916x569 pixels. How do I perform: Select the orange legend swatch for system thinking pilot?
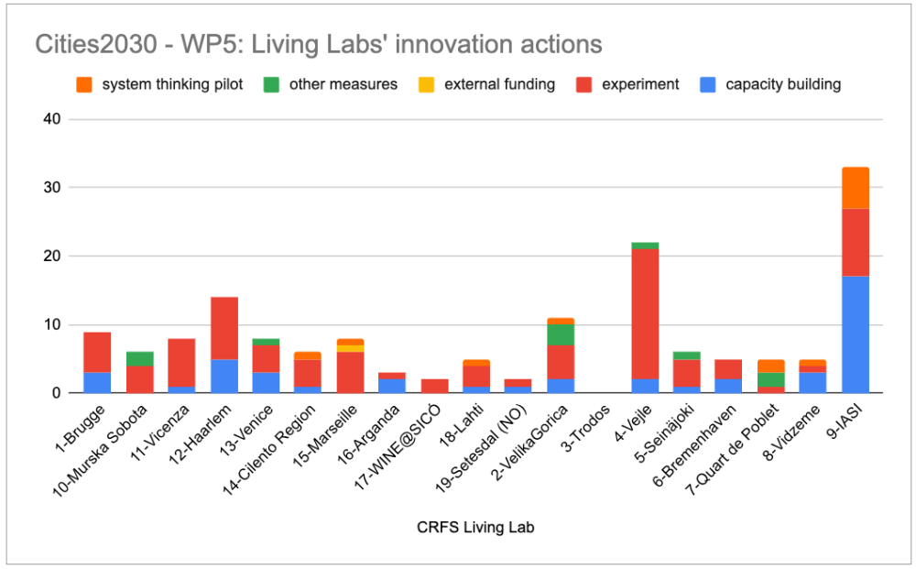tap(83, 84)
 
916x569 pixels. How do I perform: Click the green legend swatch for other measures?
tap(270, 84)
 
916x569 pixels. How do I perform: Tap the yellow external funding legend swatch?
tap(426, 84)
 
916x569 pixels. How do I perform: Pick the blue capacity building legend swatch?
tap(707, 84)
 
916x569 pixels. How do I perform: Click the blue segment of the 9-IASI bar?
tap(855, 334)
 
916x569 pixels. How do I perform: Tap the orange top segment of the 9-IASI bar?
tap(855, 188)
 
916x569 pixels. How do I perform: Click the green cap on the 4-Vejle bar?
tap(646, 246)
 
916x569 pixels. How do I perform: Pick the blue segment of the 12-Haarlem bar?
tap(225, 376)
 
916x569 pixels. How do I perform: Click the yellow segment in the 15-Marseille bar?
tap(350, 348)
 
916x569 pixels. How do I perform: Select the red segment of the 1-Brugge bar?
tap(97, 352)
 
